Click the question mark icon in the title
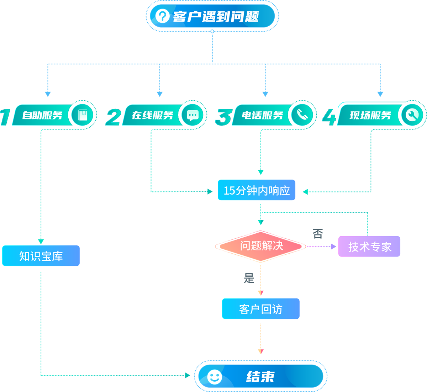pos(162,16)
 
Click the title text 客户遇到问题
pos(216,16)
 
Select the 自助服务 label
pos(42,115)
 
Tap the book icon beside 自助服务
pos(83,115)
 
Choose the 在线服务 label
pos(152,115)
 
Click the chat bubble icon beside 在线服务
pos(193,115)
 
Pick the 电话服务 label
pos(262,115)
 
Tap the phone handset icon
pos(302,115)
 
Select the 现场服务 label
pos(370,115)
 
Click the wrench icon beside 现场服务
pos(412,115)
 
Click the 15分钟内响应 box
pos(257,190)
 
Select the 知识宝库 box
pos(41,256)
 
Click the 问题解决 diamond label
pos(262,245)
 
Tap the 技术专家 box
pos(369,247)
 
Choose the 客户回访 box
pos(260,309)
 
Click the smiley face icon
pos(215,377)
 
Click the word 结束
pos(260,376)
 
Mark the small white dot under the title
pos(212,31)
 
